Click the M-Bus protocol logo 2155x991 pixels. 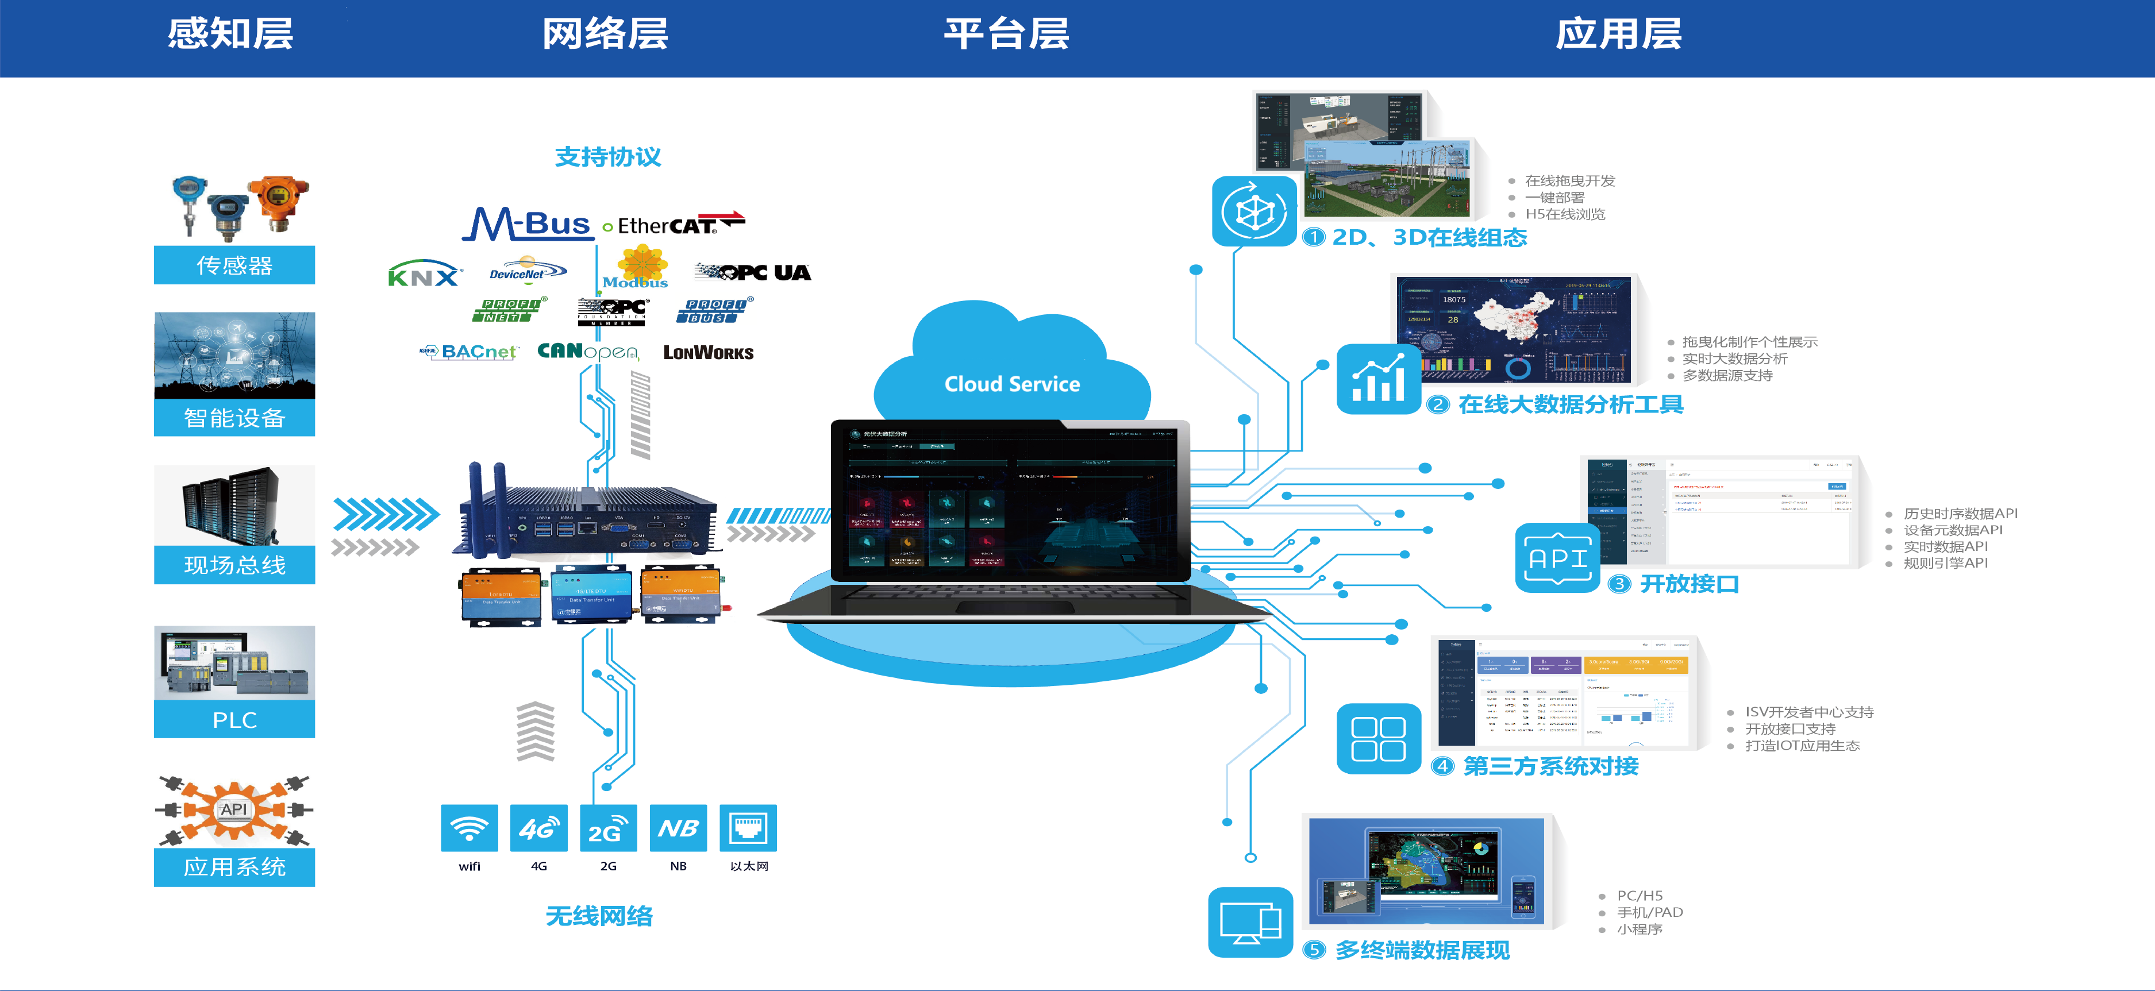(x=528, y=224)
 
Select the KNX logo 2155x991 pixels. (x=424, y=274)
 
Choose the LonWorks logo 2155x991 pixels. (x=709, y=353)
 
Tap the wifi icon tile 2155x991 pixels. (x=470, y=828)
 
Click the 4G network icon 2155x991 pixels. (x=539, y=828)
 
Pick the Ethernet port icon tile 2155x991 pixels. (x=748, y=828)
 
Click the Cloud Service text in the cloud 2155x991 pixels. (x=1012, y=384)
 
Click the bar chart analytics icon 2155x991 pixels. (x=1379, y=379)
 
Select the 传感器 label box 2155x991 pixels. (x=234, y=265)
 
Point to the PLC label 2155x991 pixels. (x=234, y=719)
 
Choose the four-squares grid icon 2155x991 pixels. (x=1379, y=738)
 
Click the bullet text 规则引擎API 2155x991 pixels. (x=1945, y=563)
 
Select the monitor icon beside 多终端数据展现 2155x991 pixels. (x=1250, y=921)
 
